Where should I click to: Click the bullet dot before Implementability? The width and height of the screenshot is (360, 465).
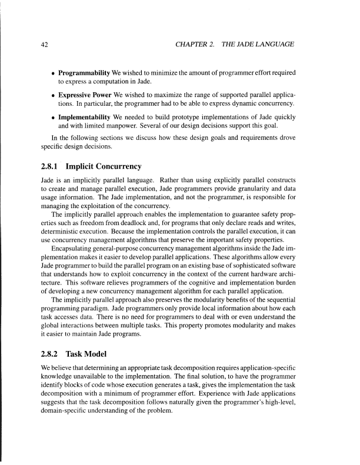53,116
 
